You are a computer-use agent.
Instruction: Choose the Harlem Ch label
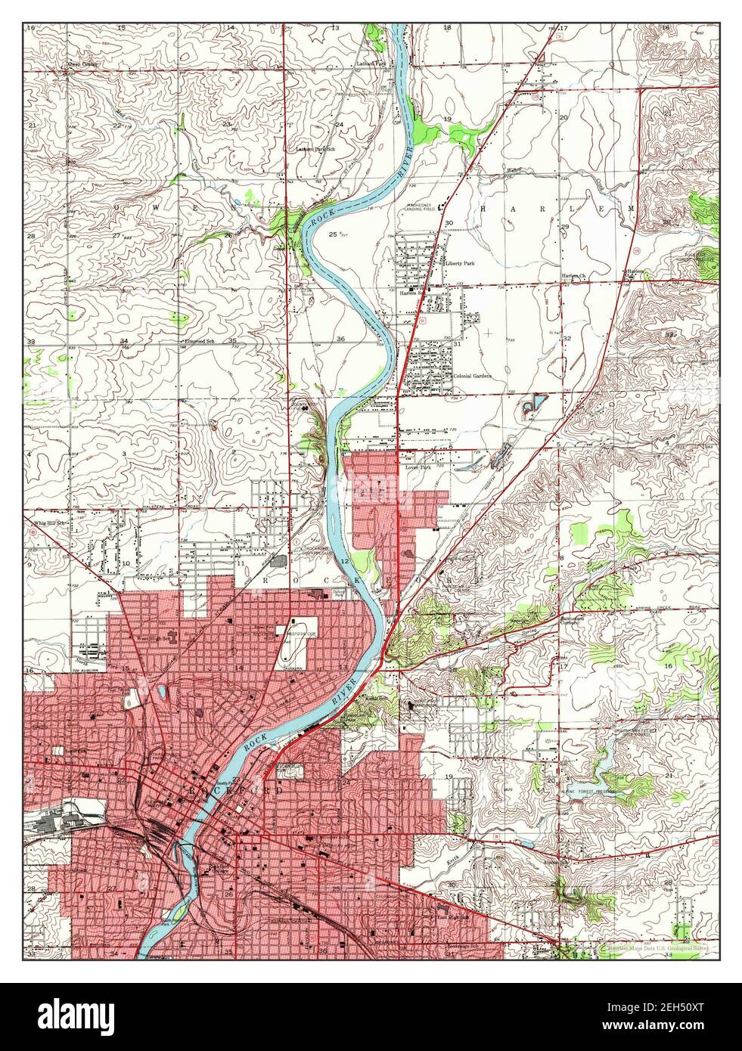click(573, 277)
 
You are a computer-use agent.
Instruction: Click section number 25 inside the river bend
click(334, 234)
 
